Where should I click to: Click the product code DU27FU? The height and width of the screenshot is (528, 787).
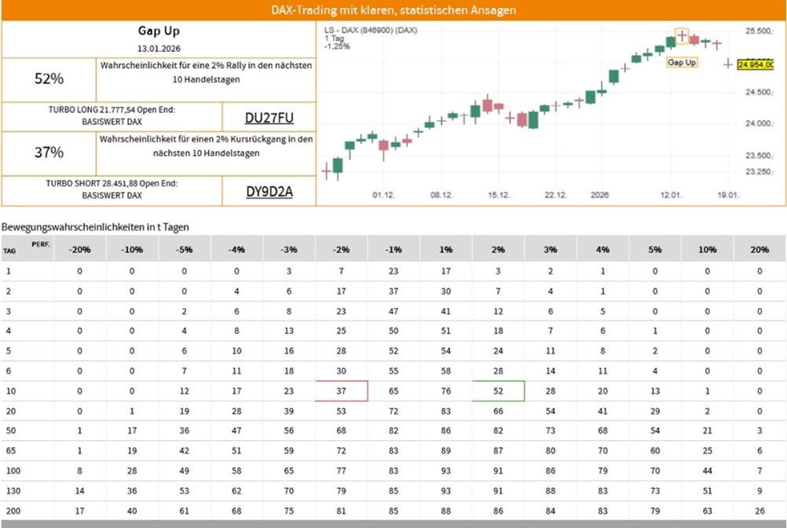coord(269,118)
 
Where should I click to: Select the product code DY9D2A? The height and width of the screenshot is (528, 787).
coord(269,191)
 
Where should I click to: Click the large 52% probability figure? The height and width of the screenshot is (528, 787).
coord(49,79)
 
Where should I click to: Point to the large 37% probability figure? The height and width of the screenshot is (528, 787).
coord(49,152)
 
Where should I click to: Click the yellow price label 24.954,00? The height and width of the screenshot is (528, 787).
coord(760,64)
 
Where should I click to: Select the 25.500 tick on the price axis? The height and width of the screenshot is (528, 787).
coord(758,31)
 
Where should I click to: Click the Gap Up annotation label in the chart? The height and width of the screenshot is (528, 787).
coord(682,62)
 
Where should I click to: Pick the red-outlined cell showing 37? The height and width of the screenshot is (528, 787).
coord(341,390)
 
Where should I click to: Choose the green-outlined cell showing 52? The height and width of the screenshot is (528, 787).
coord(498,390)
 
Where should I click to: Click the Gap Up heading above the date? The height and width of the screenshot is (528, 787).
coord(159,31)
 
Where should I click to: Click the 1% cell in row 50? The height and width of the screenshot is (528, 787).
coord(445,431)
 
